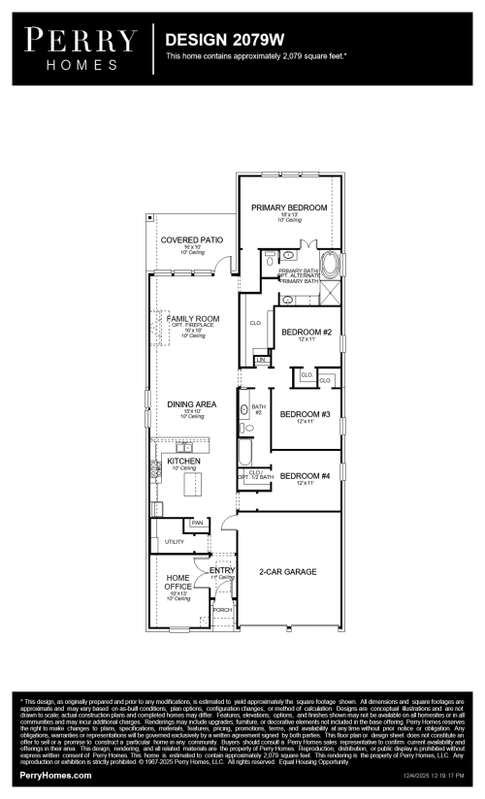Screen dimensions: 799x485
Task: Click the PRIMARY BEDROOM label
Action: click(289, 208)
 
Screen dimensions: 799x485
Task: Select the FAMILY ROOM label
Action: click(192, 318)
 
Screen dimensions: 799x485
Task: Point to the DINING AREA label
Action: click(191, 404)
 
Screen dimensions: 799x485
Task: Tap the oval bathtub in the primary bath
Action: click(331, 264)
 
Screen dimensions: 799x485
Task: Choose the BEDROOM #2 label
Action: click(307, 333)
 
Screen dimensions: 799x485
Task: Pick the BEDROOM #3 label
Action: click(306, 414)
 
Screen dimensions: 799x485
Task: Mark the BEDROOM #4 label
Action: click(306, 475)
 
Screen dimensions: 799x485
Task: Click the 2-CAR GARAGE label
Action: click(287, 572)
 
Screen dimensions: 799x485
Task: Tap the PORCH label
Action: click(222, 610)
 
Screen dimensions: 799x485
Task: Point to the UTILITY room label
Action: click(175, 541)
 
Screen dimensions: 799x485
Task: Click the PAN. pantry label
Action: click(198, 523)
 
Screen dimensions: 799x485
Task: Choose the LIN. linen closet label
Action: click(261, 360)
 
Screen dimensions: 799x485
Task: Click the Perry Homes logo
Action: click(81, 47)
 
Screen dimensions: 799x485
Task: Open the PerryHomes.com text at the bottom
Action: click(56, 776)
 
